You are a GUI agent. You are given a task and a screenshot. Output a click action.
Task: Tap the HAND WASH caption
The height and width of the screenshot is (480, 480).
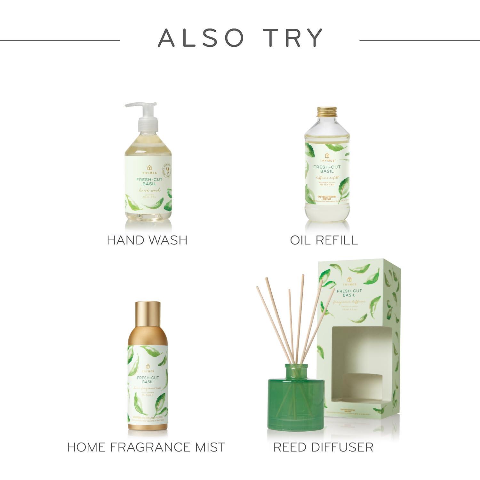coord(147,240)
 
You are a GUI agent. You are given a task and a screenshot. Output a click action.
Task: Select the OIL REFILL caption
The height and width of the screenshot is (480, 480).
coord(324,240)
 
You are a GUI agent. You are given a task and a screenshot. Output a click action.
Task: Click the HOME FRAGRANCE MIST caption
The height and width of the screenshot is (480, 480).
coord(146,447)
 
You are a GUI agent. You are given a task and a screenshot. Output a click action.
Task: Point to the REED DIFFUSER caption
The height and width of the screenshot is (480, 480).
coord(323,447)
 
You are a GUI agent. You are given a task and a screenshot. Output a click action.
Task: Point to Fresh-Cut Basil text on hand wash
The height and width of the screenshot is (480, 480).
coord(148,182)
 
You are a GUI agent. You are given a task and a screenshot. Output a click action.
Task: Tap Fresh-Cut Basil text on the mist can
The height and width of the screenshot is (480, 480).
coord(148,380)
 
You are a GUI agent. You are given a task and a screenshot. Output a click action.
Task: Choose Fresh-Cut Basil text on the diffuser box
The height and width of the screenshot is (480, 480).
coord(349,293)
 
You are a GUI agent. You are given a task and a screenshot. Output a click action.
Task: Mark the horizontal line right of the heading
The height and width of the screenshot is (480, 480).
coord(420,40)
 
